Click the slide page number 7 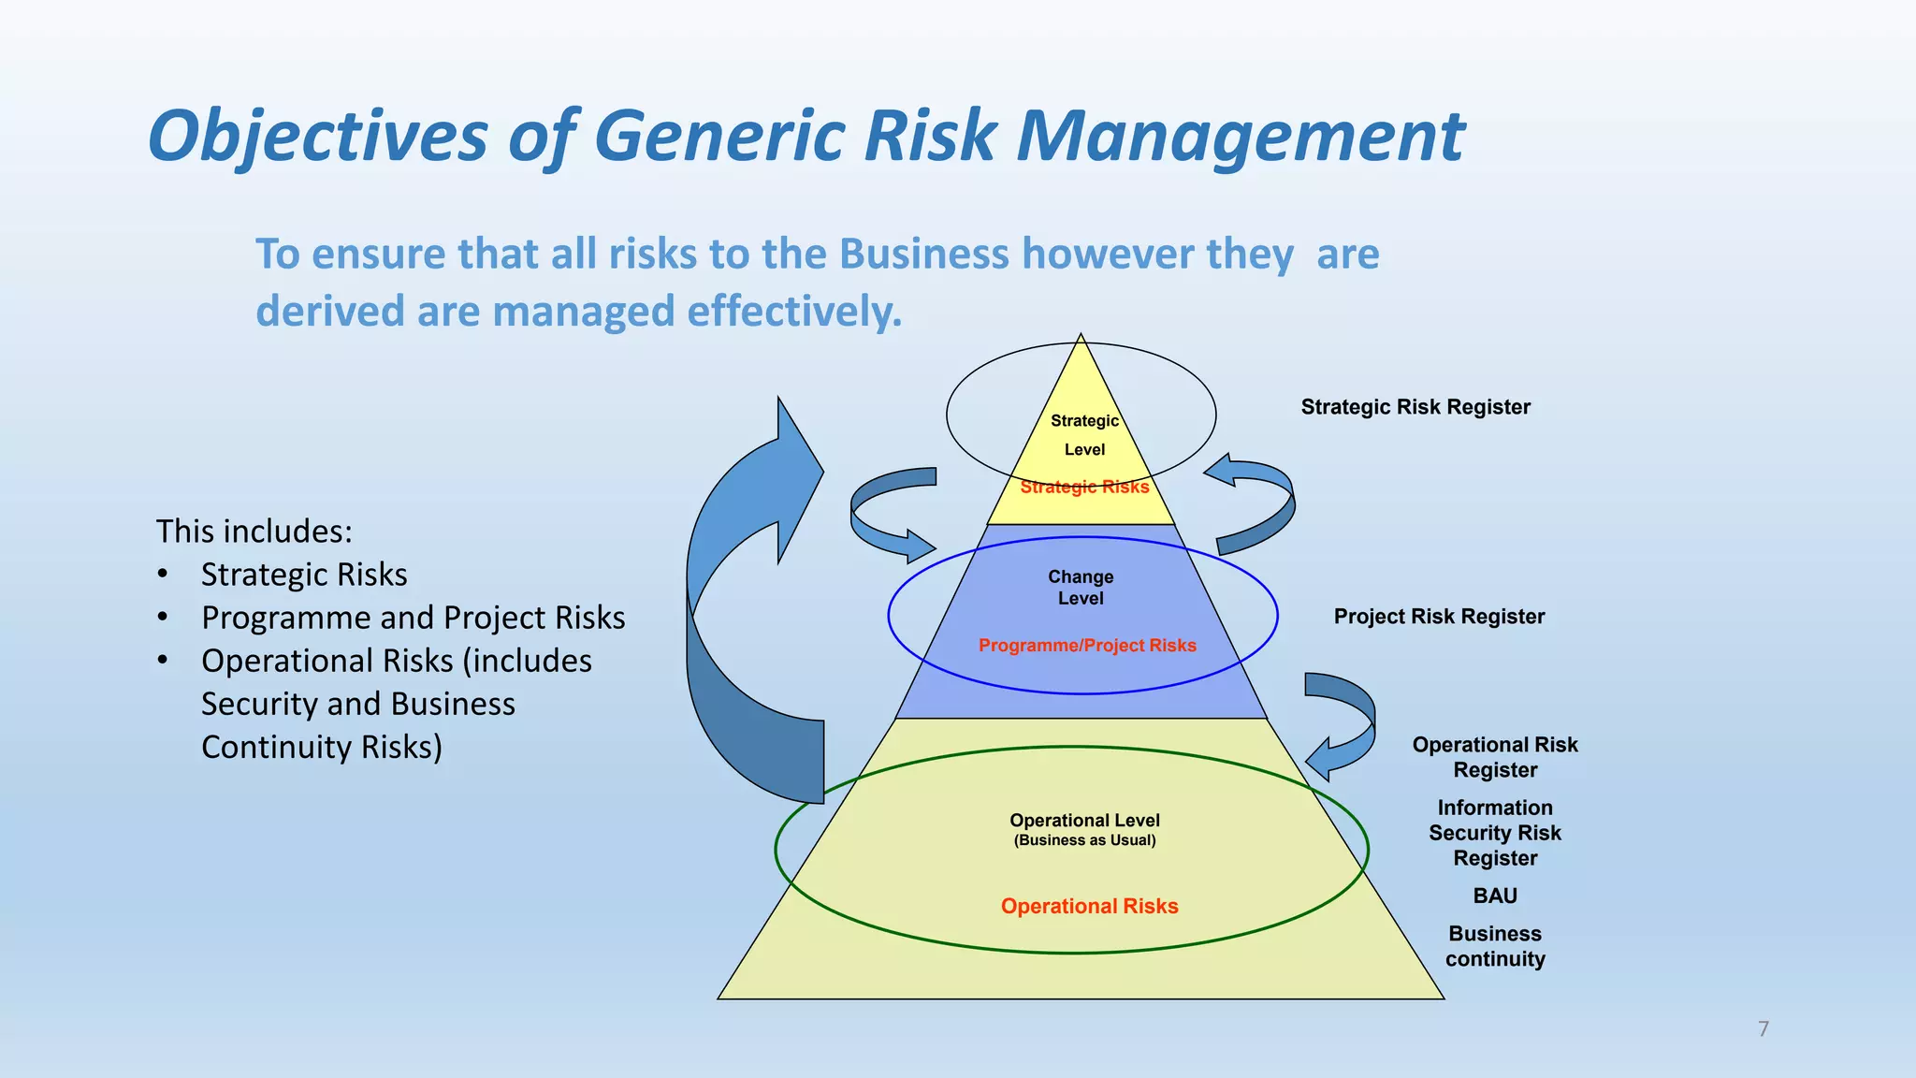(1763, 1029)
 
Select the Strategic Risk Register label (1415, 407)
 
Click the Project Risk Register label (1438, 617)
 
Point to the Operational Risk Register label (1494, 757)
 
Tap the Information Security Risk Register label (1494, 833)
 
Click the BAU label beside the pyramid (1494, 896)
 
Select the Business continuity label (1494, 946)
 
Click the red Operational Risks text (1089, 906)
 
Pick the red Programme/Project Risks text (1087, 646)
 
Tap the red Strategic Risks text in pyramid (1084, 487)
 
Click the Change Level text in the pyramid (1081, 588)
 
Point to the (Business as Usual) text (1084, 840)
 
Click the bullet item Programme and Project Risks (413, 618)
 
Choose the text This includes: (254, 532)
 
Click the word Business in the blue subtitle (923, 254)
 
